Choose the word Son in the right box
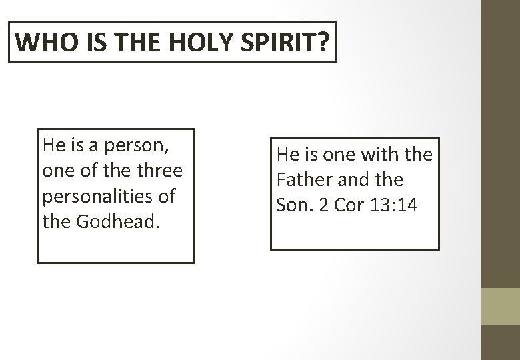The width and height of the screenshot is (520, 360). (x=291, y=206)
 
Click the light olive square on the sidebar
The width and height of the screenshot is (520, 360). (x=500, y=307)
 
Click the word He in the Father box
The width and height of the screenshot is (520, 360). (x=287, y=155)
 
